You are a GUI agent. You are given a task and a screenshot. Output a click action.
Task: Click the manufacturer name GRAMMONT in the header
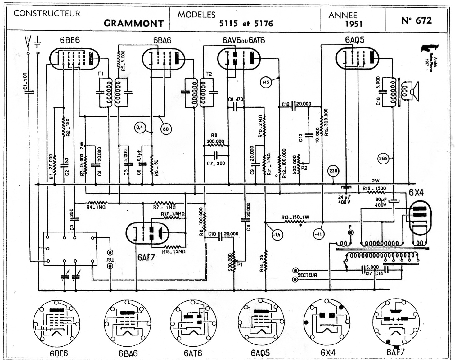[133, 23]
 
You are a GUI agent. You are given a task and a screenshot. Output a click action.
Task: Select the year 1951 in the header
[354, 24]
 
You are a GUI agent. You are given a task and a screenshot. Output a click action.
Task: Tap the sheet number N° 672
[417, 20]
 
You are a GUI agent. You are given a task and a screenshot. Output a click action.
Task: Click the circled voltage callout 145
[266, 82]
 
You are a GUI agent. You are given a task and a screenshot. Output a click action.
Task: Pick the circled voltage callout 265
[383, 159]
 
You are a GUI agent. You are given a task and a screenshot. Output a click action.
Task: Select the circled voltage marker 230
[333, 171]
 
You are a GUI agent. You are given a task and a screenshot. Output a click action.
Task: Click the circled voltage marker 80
[166, 129]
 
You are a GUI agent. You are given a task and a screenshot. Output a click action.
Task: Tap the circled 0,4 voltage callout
[140, 128]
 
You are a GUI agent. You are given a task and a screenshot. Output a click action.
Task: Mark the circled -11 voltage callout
[319, 234]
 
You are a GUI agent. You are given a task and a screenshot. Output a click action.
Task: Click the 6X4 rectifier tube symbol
[420, 217]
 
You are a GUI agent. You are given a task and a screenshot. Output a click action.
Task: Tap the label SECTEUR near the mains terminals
[307, 275]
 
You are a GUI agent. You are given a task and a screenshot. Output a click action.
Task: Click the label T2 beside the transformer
[209, 74]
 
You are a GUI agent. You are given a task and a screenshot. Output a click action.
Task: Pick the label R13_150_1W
[295, 217]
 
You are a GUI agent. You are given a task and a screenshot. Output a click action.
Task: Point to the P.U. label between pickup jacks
[110, 259]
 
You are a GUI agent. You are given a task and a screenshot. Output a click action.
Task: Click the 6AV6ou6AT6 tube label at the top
[244, 40]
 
